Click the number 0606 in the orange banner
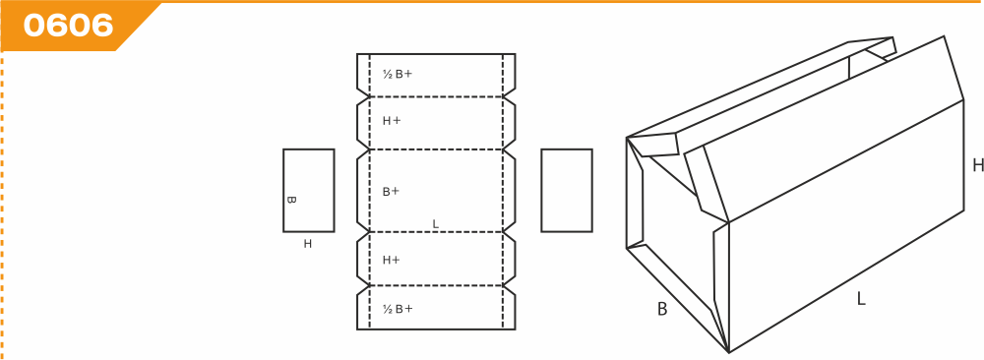tap(69, 26)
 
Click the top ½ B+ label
tap(398, 74)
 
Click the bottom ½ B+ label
tap(398, 309)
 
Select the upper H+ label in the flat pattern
tap(392, 121)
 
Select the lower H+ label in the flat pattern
tap(392, 260)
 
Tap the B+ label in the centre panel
tap(391, 191)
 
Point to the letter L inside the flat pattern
tap(436, 224)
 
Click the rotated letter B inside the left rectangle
tap(291, 200)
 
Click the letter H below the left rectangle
tap(307, 244)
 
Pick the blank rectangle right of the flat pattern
tap(567, 190)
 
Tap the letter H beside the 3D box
tap(978, 165)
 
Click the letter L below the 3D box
tap(861, 299)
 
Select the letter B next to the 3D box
tap(662, 309)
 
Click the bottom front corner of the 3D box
tap(728, 352)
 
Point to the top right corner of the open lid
tap(944, 36)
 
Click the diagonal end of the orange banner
tap(138, 27)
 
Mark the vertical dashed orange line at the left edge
tap(3, 206)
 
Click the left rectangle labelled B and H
tap(309, 190)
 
